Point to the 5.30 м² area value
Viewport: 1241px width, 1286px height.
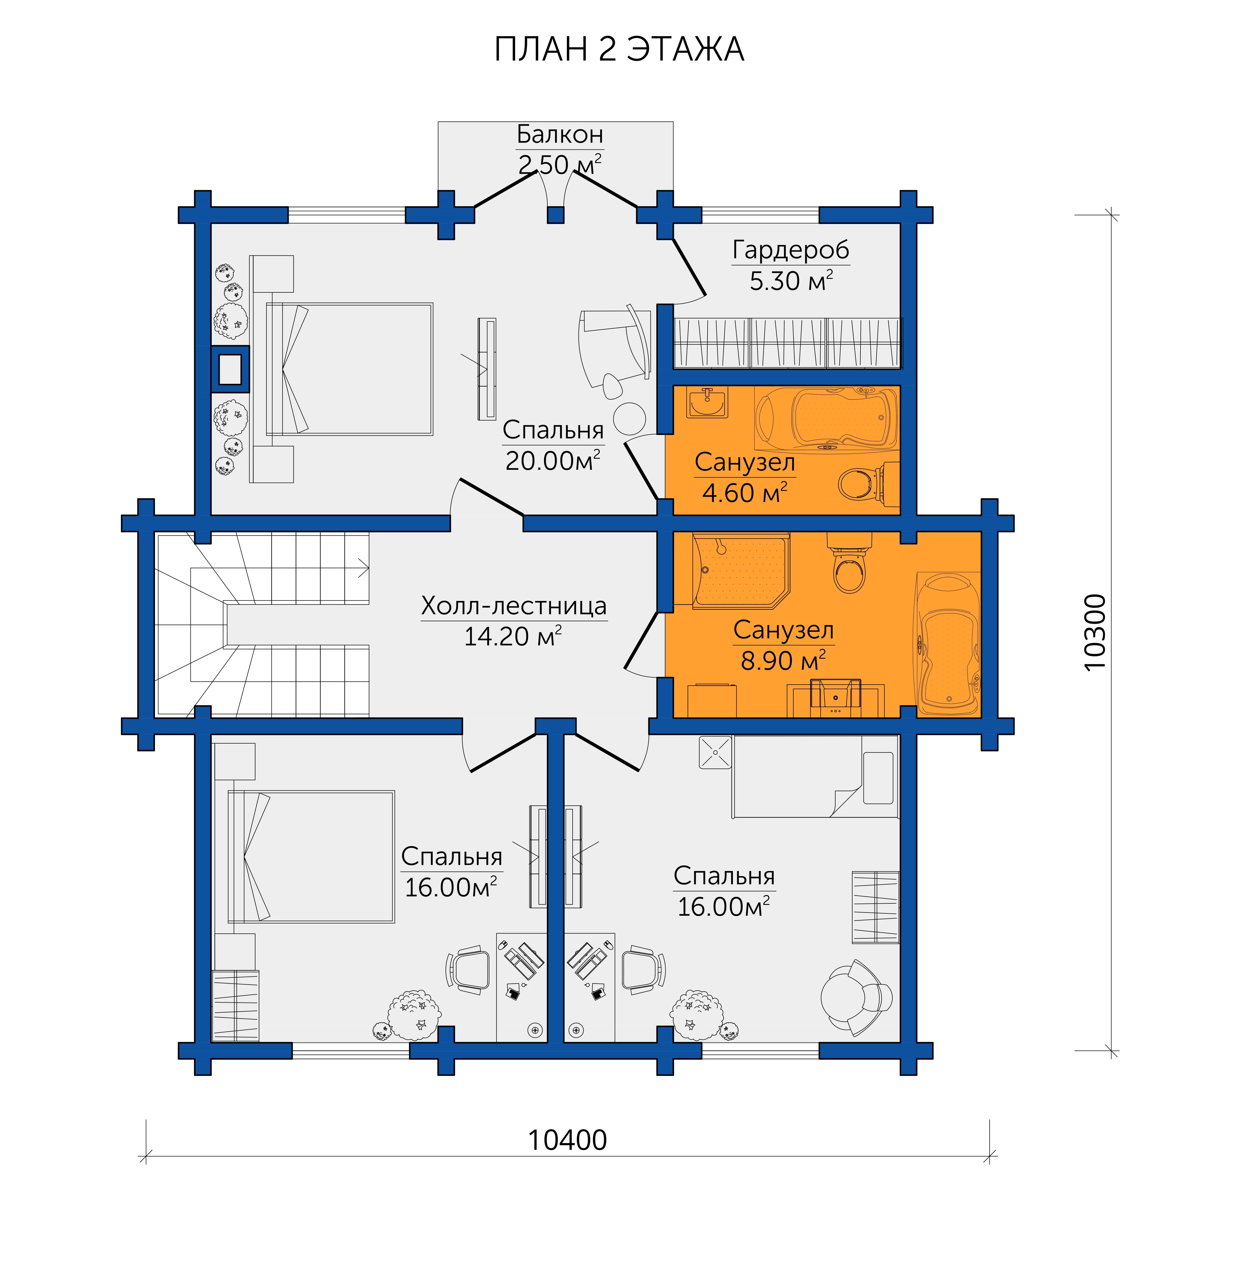791,281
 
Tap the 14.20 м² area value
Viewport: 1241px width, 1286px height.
513,636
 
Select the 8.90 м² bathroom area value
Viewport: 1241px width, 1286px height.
783,660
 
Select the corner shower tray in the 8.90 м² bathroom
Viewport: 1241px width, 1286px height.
740,570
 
